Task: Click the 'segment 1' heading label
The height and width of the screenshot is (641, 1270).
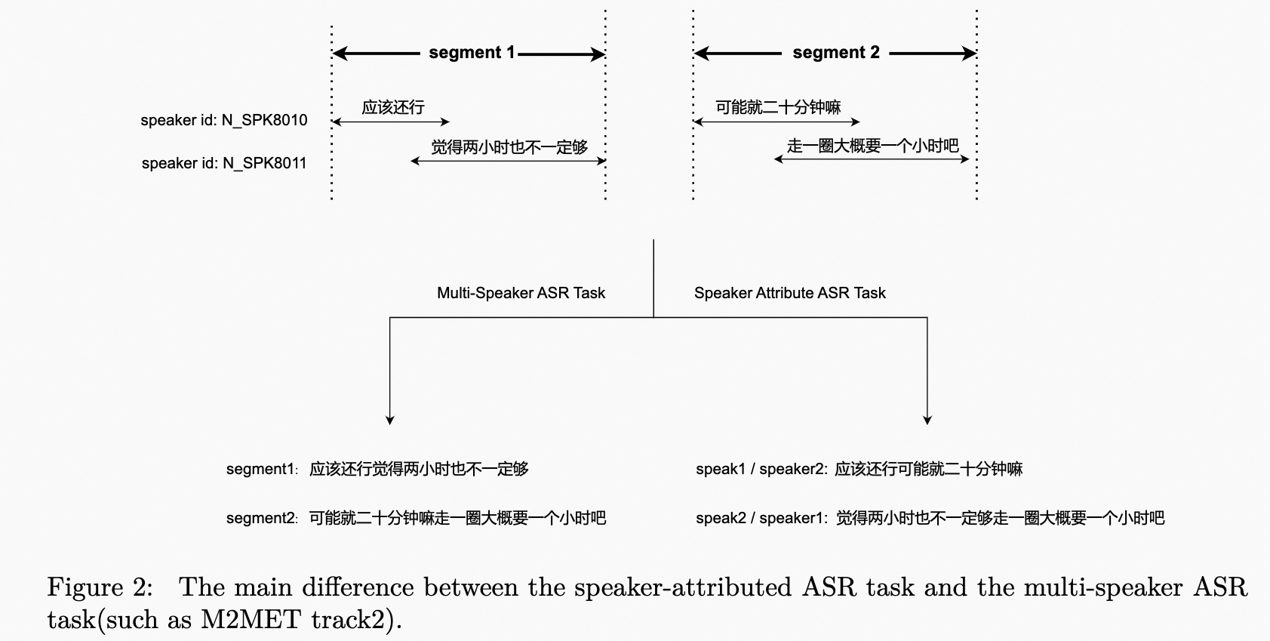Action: point(472,53)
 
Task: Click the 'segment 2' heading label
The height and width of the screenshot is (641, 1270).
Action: point(836,53)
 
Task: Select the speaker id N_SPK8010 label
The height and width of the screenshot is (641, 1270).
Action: point(224,120)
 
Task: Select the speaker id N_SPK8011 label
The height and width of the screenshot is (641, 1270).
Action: point(224,163)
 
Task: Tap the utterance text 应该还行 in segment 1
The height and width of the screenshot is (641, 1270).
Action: point(392,107)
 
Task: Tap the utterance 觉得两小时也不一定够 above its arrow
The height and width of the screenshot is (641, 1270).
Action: point(509,147)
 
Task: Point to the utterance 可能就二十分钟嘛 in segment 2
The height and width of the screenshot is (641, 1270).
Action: point(778,107)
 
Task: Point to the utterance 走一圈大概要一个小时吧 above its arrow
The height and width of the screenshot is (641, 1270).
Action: point(872,146)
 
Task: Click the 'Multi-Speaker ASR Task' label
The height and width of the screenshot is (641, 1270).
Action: point(521,293)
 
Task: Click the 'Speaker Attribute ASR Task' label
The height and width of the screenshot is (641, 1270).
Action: point(789,293)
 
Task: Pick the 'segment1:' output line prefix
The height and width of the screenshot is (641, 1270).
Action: point(262,469)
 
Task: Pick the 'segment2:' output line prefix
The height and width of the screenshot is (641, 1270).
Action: point(262,518)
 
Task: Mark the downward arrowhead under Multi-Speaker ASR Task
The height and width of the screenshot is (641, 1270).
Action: point(389,419)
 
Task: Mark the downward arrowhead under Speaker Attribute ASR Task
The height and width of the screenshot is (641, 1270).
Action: point(927,419)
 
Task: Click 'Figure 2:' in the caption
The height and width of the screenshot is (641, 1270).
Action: point(100,587)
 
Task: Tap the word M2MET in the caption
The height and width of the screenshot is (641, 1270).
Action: point(250,620)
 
